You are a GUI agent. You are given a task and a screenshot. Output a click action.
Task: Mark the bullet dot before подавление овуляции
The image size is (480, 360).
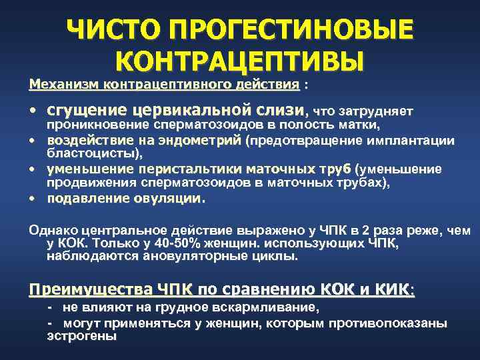32,199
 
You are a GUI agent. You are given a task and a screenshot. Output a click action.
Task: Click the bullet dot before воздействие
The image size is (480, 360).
32,141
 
